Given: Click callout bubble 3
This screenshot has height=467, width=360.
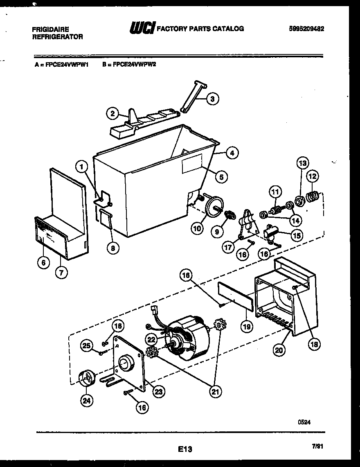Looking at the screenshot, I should point(212,98).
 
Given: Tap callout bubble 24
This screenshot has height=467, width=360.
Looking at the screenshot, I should point(86,401).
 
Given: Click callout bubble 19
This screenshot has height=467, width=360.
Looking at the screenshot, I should point(247,326).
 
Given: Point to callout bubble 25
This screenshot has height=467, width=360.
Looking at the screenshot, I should point(86,346).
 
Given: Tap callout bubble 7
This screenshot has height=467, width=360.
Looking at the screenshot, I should point(61,273).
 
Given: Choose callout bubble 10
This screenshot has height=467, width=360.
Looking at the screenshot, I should point(197,228).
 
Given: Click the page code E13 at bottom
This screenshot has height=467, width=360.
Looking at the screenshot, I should point(185,449).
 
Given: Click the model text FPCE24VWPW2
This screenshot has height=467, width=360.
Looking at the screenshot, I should point(130,64).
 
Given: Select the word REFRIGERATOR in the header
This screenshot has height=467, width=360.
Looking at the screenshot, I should point(57,37).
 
